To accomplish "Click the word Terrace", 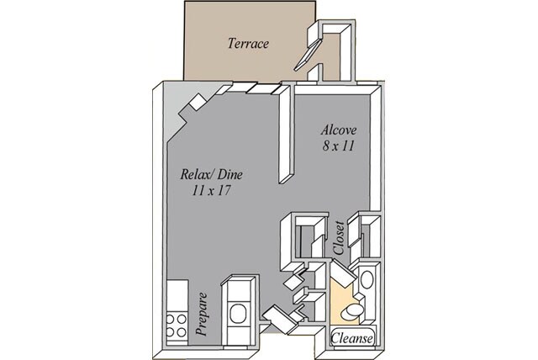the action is click(x=248, y=44).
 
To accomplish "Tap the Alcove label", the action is click(x=339, y=130).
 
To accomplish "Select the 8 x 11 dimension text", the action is click(x=338, y=146).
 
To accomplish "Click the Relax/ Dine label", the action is click(x=212, y=174).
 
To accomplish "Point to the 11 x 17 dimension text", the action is click(x=211, y=190).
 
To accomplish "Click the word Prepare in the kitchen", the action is click(x=202, y=314).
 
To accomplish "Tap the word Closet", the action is click(x=339, y=237).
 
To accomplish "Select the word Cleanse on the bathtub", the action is click(x=351, y=338).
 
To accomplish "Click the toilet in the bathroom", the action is click(x=351, y=310).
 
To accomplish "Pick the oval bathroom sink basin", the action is click(x=367, y=280).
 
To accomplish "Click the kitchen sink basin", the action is click(x=237, y=313).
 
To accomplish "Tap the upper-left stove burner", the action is click(x=171, y=320).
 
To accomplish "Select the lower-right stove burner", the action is click(x=182, y=332).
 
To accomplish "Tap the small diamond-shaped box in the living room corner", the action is click(x=198, y=102).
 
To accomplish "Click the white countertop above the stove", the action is click(x=177, y=296).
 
